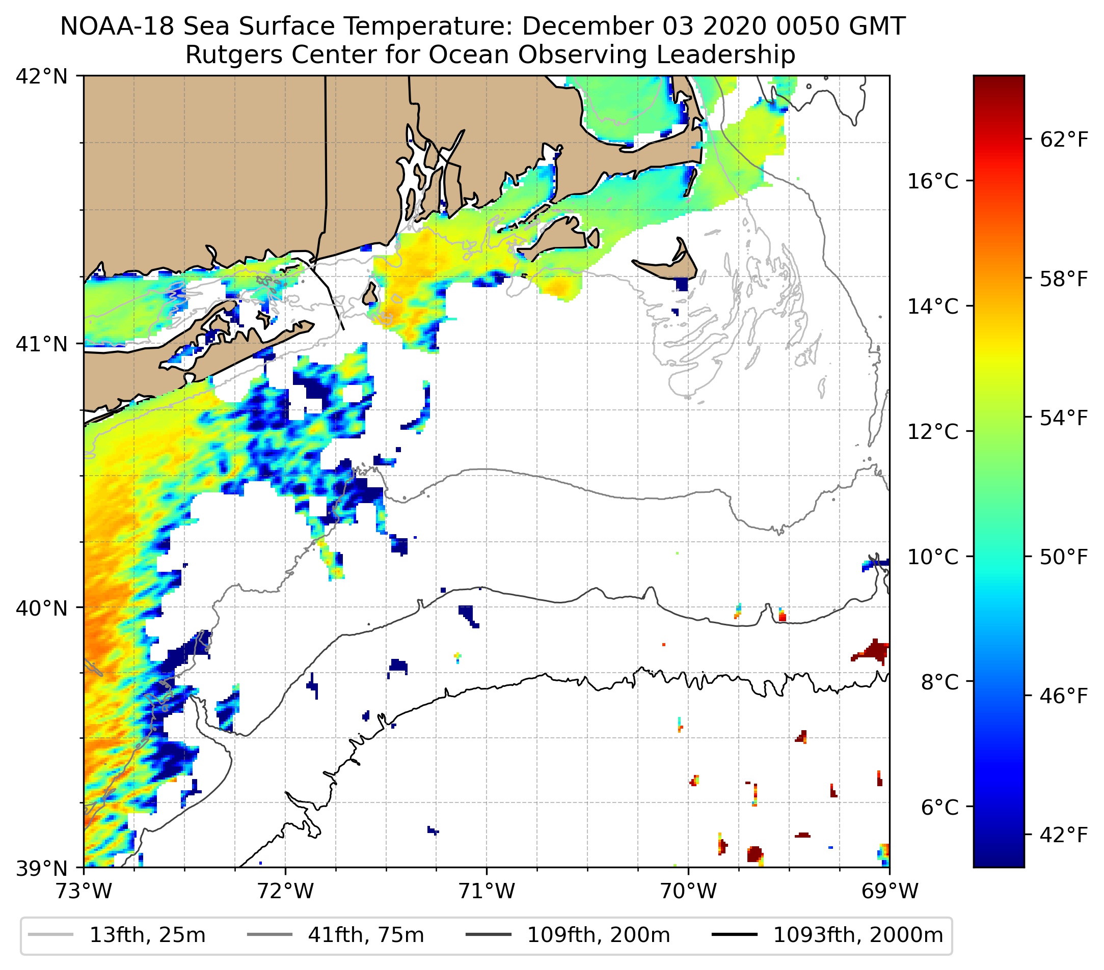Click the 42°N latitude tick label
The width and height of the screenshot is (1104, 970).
(x=42, y=77)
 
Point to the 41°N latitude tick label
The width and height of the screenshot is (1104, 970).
(x=42, y=344)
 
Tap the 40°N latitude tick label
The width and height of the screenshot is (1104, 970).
(x=42, y=608)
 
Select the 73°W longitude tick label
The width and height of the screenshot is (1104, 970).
(x=84, y=891)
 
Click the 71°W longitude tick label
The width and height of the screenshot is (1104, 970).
(x=487, y=891)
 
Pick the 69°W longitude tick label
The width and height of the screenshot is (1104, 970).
(x=890, y=891)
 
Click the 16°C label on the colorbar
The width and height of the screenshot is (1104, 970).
(x=933, y=181)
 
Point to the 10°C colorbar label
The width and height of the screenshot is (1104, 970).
(x=933, y=557)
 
